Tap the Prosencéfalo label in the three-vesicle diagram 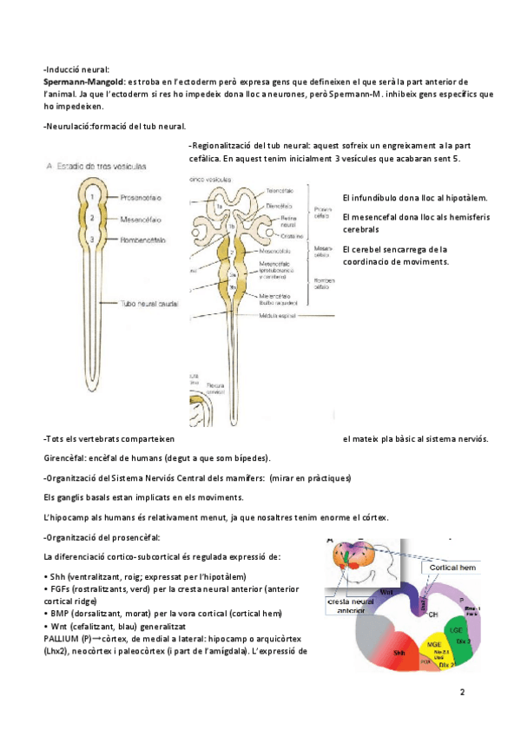pos(126,196)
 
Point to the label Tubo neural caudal pos(150,303)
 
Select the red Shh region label pos(399,650)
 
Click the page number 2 pos(462,693)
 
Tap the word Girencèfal pos(63,457)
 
